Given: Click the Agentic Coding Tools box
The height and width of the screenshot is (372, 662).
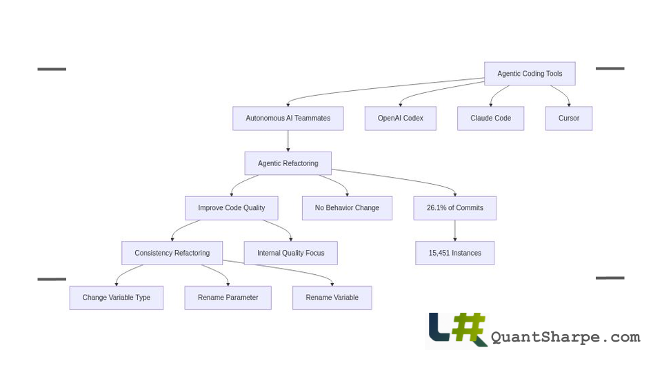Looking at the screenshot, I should [x=530, y=74].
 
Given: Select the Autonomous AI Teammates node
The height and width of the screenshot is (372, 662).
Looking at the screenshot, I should [x=288, y=118].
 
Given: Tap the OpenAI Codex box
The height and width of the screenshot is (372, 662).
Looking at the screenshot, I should [x=400, y=118].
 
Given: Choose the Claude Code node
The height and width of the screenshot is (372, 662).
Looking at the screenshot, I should [x=490, y=118].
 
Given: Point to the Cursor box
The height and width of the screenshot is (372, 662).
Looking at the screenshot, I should [x=568, y=118].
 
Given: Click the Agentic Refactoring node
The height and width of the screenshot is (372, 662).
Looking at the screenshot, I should [x=288, y=163].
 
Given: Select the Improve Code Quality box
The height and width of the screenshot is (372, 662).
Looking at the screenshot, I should [x=231, y=208].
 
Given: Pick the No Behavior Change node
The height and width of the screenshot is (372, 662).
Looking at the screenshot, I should [x=347, y=208].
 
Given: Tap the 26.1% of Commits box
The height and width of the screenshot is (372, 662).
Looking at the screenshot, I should [x=454, y=208].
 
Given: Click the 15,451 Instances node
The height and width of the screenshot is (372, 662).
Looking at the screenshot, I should [x=454, y=253].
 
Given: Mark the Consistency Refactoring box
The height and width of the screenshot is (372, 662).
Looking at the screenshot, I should [x=172, y=253].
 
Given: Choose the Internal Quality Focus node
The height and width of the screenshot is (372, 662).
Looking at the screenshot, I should [x=290, y=253].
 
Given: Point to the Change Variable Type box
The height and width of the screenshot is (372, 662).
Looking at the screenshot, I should [x=116, y=298].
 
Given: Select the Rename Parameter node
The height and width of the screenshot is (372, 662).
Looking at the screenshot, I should [x=228, y=298].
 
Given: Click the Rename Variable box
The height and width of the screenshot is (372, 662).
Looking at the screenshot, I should [x=332, y=298].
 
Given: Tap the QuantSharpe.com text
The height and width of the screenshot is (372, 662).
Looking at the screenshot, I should [x=565, y=337].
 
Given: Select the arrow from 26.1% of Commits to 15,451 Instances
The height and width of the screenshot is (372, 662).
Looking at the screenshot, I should [x=454, y=231].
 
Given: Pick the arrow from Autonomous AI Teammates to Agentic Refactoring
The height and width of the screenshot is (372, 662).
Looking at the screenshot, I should [x=288, y=141].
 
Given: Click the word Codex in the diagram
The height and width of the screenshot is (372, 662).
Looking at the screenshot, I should [x=412, y=118].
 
